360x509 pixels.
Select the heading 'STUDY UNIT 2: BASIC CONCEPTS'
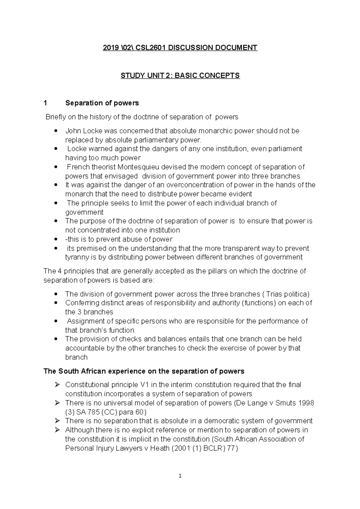[180, 76]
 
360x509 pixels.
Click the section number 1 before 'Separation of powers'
[45, 103]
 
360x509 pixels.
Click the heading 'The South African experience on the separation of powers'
[144, 371]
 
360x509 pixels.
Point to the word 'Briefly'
[55, 117]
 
